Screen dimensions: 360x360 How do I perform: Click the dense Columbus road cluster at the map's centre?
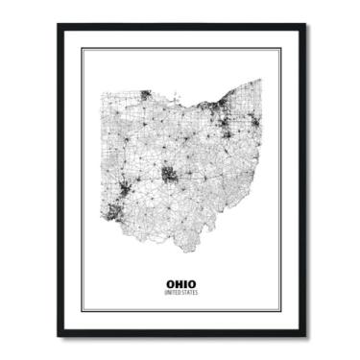pos(169,175)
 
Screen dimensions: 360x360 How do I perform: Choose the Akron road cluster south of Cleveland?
pos(229,124)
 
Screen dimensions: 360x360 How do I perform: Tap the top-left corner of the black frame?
pos(57,24)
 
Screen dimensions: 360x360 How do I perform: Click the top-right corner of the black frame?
pos(306,24)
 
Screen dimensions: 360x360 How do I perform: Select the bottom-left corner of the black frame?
pos(57,337)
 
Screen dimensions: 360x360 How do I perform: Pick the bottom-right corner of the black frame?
pos(306,337)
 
